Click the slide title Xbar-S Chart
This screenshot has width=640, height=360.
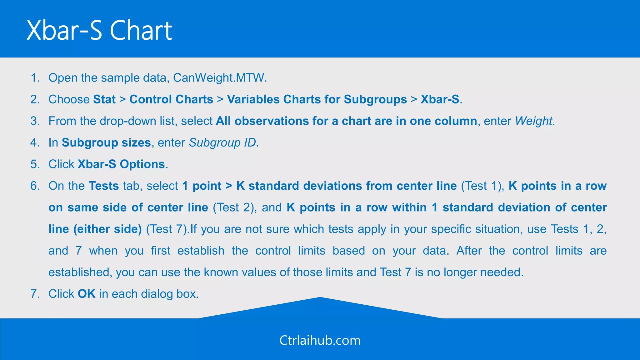click(x=99, y=30)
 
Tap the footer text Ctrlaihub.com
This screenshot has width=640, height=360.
click(x=320, y=340)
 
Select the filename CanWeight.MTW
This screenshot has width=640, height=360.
click(x=219, y=77)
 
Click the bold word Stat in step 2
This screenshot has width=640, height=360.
click(x=104, y=99)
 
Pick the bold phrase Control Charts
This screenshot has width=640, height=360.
click(x=171, y=99)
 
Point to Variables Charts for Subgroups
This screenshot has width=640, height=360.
click(x=317, y=99)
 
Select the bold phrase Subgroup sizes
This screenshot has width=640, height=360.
click(x=106, y=142)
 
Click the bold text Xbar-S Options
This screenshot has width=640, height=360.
click(x=121, y=164)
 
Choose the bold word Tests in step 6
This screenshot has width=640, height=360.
click(x=104, y=186)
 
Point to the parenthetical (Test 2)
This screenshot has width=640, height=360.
click(x=233, y=207)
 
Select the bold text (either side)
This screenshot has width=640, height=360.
click(x=107, y=229)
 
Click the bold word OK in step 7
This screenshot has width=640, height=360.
click(x=87, y=294)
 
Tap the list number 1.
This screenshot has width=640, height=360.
click(x=35, y=77)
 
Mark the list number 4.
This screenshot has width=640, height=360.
click(x=35, y=142)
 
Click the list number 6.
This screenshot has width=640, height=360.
click(x=35, y=186)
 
